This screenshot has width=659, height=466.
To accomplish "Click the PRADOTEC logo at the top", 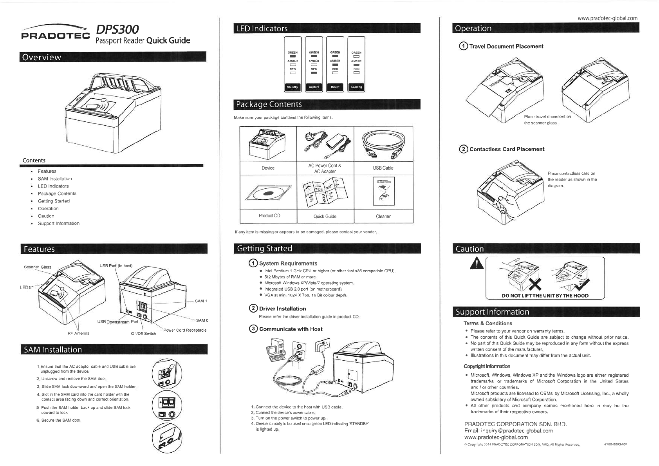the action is [x=56, y=36].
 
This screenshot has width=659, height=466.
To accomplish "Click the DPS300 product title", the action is [x=117, y=30].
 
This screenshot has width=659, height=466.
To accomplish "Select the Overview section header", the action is [x=42, y=57].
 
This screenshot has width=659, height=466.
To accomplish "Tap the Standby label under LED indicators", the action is [x=292, y=87].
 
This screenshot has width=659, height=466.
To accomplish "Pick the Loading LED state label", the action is [x=356, y=87].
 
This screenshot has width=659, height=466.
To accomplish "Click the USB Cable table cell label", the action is [x=383, y=168].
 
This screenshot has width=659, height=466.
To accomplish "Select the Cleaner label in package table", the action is [x=383, y=216].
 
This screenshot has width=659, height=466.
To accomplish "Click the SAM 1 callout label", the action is [x=201, y=301].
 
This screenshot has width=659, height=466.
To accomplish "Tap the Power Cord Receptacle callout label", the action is [x=185, y=330].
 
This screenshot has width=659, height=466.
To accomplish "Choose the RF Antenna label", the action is [x=79, y=333].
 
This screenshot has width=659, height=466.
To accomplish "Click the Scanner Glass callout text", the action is [x=38, y=267].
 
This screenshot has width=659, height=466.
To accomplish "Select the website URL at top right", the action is [x=607, y=18].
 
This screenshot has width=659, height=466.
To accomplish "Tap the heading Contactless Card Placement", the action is [x=507, y=149].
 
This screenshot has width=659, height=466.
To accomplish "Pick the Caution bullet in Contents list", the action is [x=46, y=216].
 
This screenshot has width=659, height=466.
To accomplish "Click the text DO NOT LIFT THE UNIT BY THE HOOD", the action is [x=545, y=296].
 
